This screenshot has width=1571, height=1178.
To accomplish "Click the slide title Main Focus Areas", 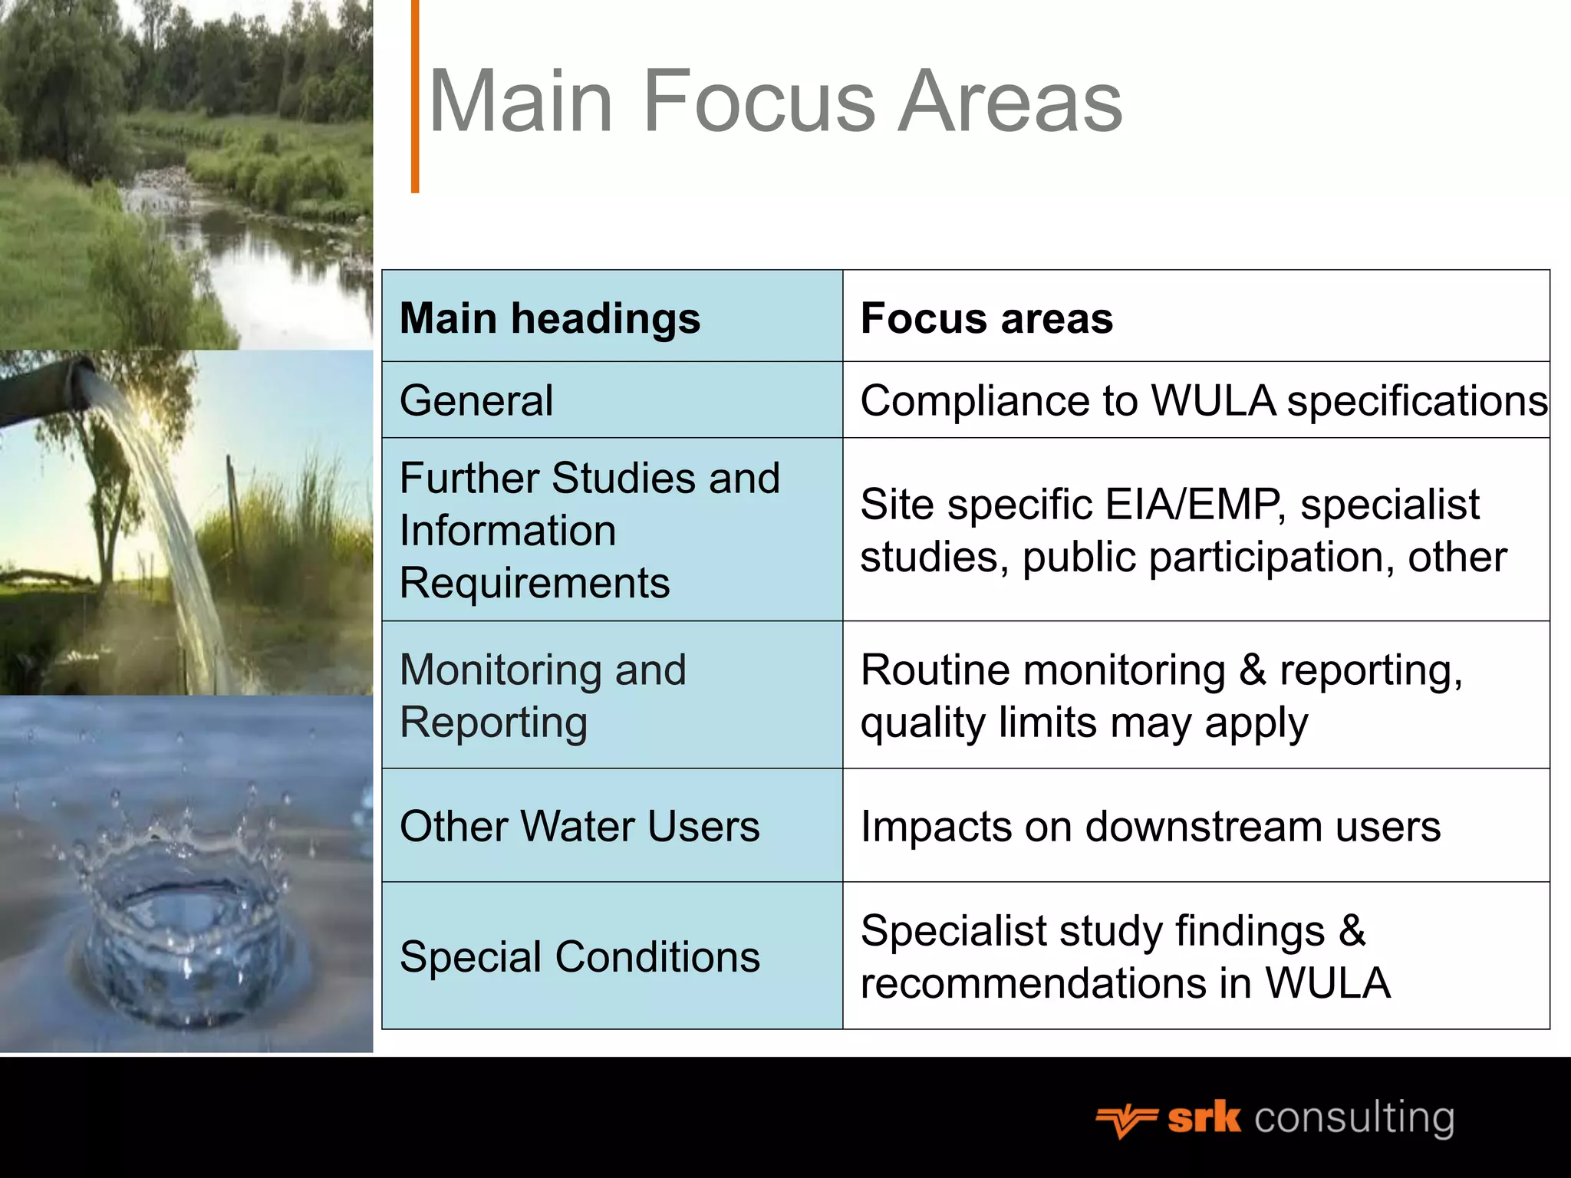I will [775, 101].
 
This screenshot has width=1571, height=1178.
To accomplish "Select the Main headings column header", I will [550, 318].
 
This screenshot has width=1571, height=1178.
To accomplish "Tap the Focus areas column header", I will [986, 318].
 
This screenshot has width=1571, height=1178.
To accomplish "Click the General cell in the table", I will [476, 400].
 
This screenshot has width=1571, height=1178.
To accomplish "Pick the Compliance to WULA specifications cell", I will [1203, 400].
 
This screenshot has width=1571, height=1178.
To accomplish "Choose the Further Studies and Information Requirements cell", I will [589, 530].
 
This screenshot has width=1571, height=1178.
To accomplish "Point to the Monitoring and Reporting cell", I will [543, 696].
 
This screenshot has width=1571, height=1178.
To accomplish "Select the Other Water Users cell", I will [579, 826].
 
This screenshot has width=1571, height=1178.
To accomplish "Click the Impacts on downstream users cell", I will [1150, 826].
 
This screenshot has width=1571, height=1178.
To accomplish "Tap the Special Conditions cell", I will [579, 956].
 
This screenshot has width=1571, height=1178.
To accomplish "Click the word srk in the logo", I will [1204, 1118].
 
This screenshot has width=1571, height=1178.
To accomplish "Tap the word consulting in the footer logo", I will [1354, 1118].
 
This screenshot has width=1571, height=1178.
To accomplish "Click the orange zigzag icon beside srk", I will [1126, 1121].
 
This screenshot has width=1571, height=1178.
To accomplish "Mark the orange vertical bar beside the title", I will [415, 96].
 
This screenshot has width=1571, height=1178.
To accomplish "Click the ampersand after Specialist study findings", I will [1352, 931].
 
